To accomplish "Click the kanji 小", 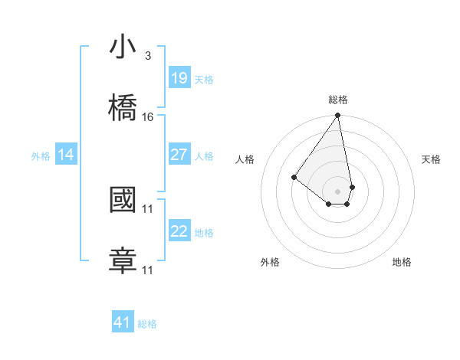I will click(123, 47).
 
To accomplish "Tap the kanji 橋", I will click(123, 108).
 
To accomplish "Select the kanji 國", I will click(123, 200).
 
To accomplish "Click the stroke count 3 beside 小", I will click(148, 56).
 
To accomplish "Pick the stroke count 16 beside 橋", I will click(148, 117).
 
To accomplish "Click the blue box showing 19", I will click(179, 78).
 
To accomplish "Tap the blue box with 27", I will click(179, 155).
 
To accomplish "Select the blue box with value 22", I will click(179, 231).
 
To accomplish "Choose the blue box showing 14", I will click(66, 155).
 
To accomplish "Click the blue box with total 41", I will click(123, 322).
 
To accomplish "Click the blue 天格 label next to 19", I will click(204, 80).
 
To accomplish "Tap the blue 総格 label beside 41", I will click(147, 324).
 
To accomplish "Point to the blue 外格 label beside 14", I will click(41, 156).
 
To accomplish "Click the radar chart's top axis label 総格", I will click(338, 100).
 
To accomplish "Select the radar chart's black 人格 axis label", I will click(245, 159).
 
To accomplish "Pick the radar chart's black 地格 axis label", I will click(402, 262).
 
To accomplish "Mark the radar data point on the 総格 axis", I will click(338, 116).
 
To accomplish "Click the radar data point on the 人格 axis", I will click(294, 177).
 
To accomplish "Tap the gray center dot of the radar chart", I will click(338, 191).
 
